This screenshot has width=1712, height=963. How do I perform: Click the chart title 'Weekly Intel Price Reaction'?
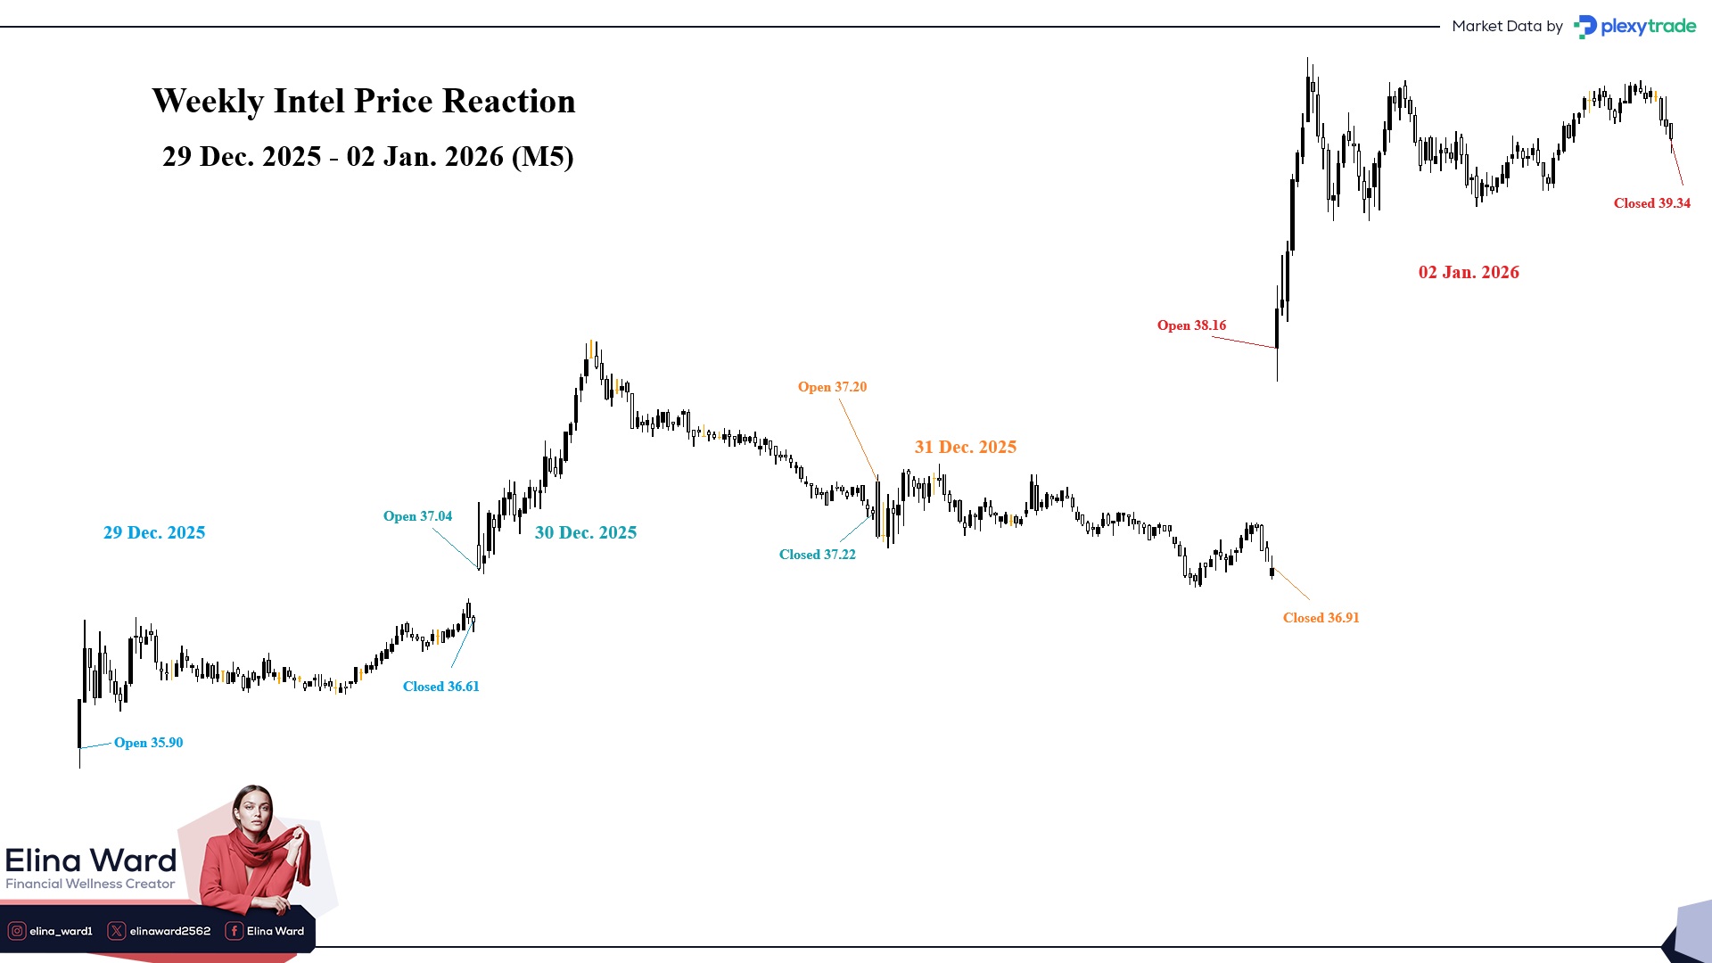pyautogui.click(x=364, y=102)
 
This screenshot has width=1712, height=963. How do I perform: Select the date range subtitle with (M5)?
pyautogui.click(x=367, y=157)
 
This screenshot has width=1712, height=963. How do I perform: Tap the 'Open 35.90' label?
pyautogui.click(x=148, y=743)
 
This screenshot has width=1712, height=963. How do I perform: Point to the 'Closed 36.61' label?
pyautogui.click(x=440, y=687)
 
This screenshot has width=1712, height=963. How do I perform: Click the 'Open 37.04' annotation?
pyautogui.click(x=417, y=516)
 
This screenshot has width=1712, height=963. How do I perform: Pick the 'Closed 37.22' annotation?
pyautogui.click(x=817, y=555)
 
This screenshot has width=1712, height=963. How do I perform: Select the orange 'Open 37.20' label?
pyautogui.click(x=832, y=387)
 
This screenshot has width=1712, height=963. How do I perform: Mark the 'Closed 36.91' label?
pyautogui.click(x=1321, y=618)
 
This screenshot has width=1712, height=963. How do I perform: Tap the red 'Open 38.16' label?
pyautogui.click(x=1191, y=325)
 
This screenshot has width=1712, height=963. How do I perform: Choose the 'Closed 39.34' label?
pyautogui.click(x=1651, y=203)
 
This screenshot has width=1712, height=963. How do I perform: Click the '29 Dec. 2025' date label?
pyautogui.click(x=154, y=532)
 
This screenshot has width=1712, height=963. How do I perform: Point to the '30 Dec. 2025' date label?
pyautogui.click(x=586, y=532)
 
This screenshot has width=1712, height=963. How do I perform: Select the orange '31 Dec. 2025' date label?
pyautogui.click(x=966, y=447)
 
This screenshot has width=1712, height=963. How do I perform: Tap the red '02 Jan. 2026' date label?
pyautogui.click(x=1469, y=272)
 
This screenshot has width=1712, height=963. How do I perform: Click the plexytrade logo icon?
pyautogui.click(x=1584, y=27)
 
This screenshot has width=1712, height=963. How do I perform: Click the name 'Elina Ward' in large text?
pyautogui.click(x=91, y=860)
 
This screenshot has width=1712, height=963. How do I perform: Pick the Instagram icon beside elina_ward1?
pyautogui.click(x=17, y=931)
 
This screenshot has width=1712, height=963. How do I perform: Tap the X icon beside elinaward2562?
pyautogui.click(x=117, y=931)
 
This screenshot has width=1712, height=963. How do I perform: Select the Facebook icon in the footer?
pyautogui.click(x=234, y=931)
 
